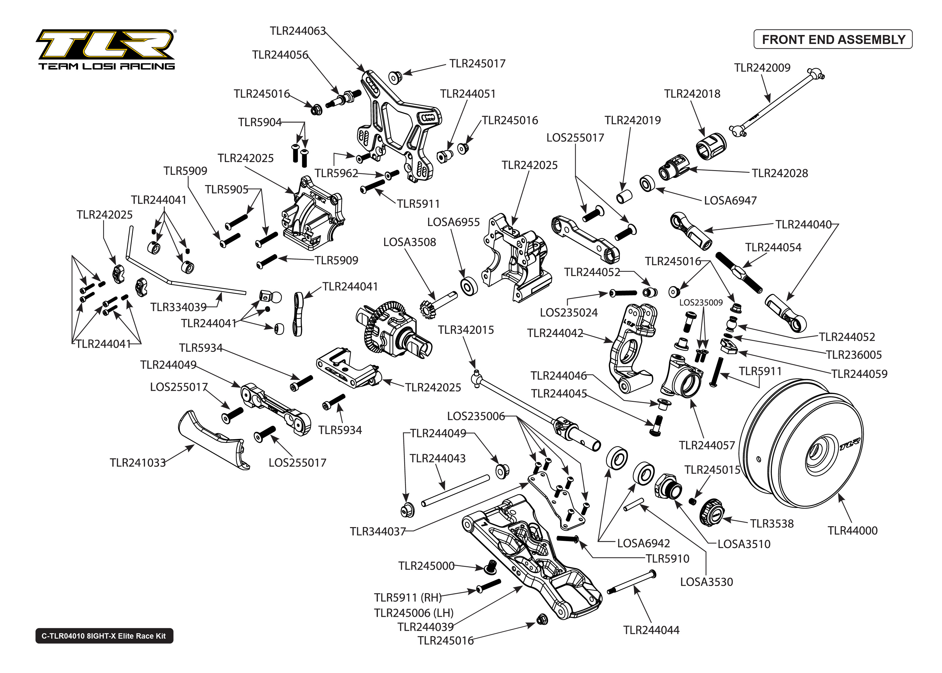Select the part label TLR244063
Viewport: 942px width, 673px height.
[297, 31]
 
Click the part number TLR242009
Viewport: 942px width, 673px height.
[762, 68]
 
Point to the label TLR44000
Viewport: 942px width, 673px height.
[853, 530]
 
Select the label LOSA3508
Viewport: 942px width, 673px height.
[409, 242]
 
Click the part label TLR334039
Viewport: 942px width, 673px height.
[178, 307]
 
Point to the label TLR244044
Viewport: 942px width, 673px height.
[651, 630]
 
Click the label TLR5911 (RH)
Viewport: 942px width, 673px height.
[407, 598]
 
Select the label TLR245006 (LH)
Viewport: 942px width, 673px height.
[413, 613]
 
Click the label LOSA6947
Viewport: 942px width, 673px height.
[730, 201]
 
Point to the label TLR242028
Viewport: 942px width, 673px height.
[780, 173]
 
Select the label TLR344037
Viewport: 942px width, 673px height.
[377, 532]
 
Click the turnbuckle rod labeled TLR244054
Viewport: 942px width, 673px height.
[739, 272]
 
